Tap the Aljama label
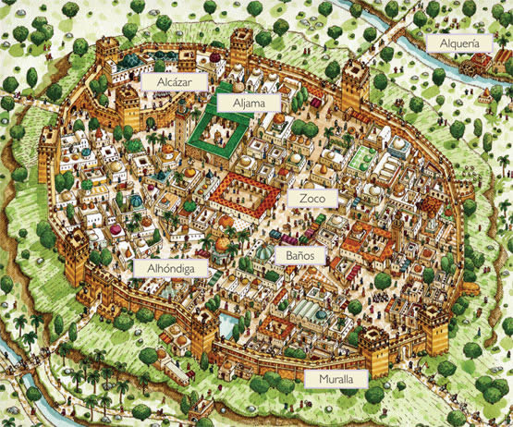point(236,104)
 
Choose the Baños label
point(299,251)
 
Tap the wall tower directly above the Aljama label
point(242,46)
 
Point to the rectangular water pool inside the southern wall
point(228,323)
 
